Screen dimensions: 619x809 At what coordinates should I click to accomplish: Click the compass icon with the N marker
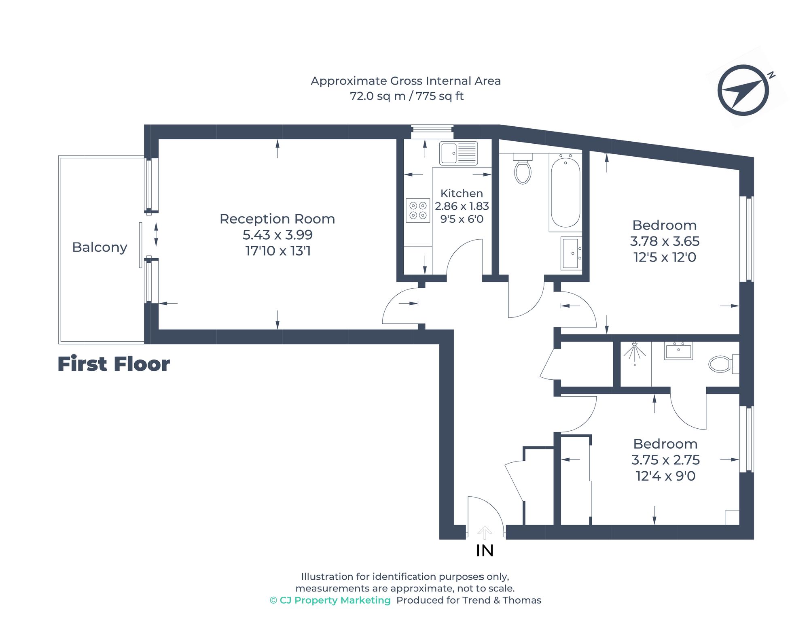tap(743, 90)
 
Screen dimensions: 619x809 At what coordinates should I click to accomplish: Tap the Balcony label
tap(100, 247)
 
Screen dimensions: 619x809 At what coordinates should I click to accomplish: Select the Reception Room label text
tap(277, 219)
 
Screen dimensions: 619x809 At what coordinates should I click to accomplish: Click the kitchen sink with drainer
tap(458, 153)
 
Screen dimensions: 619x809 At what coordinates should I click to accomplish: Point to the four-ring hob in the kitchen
tap(418, 211)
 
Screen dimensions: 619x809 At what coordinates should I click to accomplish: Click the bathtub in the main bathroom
tap(565, 193)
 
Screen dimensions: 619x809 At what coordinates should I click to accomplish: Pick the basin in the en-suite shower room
tap(678, 351)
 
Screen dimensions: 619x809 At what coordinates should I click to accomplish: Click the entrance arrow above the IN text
tap(485, 532)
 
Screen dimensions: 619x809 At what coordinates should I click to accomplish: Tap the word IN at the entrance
tap(485, 551)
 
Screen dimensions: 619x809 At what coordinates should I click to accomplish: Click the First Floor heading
tap(114, 364)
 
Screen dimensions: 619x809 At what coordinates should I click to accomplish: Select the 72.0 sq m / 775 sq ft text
tap(406, 96)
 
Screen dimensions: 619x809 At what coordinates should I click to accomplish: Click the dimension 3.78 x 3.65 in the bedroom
tap(665, 241)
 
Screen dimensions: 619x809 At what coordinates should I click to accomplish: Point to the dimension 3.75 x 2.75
tap(665, 460)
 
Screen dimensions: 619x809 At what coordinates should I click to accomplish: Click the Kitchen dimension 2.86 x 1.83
tap(462, 206)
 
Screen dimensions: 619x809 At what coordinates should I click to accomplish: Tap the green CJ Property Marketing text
tap(330, 600)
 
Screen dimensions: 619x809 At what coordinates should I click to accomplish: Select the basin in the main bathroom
tap(571, 253)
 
